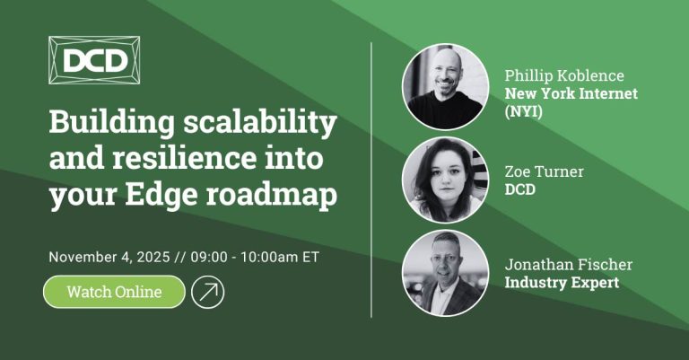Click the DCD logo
tap(94, 61)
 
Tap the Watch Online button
tap(114, 292)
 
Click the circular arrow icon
tap(208, 292)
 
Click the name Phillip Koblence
tap(564, 75)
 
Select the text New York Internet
tap(571, 93)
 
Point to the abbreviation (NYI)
tap(524, 111)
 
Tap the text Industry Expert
tap(562, 284)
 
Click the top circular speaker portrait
tap(445, 86)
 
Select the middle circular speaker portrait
tap(445, 180)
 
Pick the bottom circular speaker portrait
tap(445, 273)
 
